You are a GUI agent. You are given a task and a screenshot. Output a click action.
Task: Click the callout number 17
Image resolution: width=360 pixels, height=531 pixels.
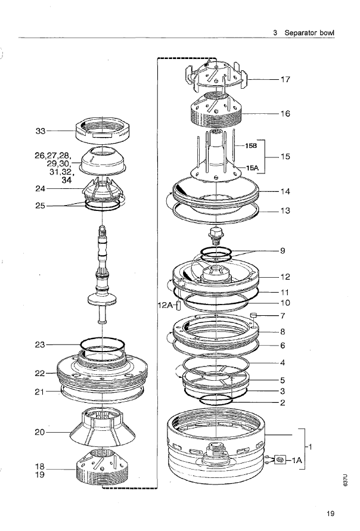click(x=285, y=80)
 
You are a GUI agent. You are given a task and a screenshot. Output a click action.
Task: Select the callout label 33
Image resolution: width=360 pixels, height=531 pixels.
click(x=41, y=131)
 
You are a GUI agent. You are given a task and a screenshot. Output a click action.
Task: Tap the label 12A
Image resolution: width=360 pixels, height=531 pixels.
click(x=165, y=305)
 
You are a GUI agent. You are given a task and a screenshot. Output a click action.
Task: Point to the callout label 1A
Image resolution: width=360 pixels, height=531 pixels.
click(x=297, y=460)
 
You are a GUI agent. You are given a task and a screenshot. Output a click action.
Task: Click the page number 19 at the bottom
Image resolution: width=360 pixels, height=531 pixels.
click(x=330, y=514)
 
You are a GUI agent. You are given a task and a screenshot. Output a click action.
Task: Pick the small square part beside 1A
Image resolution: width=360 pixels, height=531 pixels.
click(x=280, y=459)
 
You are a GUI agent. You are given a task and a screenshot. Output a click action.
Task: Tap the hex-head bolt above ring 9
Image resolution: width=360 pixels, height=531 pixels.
click(x=216, y=235)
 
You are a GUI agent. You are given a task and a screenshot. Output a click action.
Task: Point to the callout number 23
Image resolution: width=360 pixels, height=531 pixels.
click(x=40, y=344)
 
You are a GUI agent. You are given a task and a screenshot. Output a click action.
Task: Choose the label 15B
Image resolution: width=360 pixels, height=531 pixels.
click(x=252, y=146)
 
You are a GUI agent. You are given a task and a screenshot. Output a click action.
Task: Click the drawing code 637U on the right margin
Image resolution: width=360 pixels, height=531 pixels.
click(x=345, y=480)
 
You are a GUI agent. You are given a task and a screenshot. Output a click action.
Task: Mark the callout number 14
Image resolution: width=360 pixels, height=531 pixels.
click(x=285, y=192)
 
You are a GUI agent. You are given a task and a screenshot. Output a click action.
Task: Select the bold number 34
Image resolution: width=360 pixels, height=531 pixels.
click(x=67, y=180)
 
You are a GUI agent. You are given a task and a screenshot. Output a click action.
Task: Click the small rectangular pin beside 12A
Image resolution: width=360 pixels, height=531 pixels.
click(x=179, y=306)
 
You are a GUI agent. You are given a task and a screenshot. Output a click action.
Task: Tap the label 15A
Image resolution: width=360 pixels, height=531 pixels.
click(x=252, y=167)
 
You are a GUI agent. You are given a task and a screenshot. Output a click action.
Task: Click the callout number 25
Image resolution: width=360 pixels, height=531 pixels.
click(x=41, y=206)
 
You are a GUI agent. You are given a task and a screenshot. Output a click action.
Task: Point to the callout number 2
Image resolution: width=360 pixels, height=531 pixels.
click(x=283, y=403)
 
